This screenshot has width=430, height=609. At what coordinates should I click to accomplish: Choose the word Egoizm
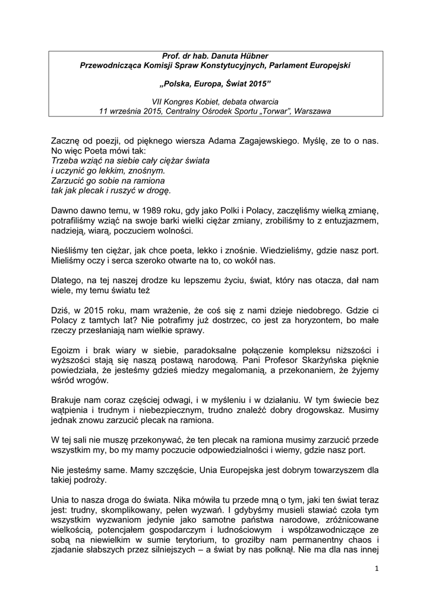pos(67,350)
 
